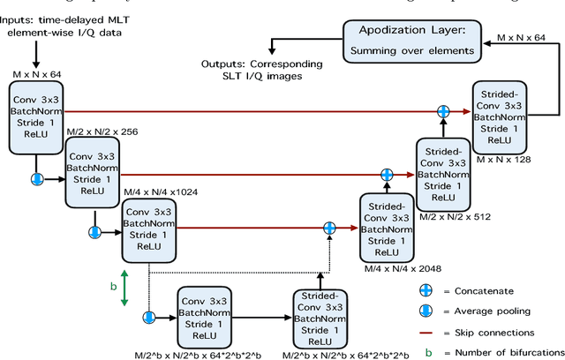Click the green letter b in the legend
click(x=428, y=353)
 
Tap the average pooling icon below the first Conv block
click(x=37, y=178)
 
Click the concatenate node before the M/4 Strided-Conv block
click(x=330, y=227)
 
